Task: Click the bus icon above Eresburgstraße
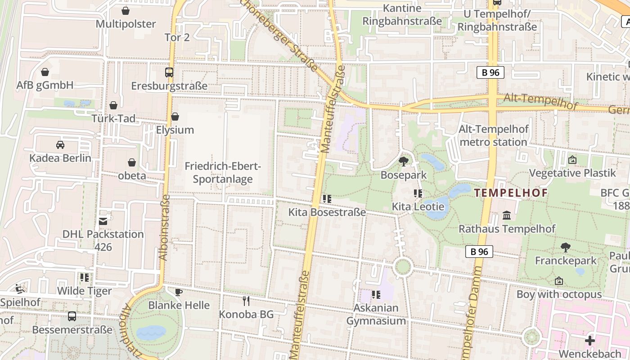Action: tap(169, 72)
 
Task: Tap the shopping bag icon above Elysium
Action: tap(175, 117)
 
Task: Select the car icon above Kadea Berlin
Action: tap(60, 144)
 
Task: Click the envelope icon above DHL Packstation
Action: tap(103, 220)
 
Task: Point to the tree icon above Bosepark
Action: tap(403, 161)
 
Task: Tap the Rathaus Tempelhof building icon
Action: tap(507, 215)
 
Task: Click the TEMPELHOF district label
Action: tap(511, 193)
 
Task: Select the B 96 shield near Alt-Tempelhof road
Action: tap(490, 72)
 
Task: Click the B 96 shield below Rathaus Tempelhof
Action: tap(479, 252)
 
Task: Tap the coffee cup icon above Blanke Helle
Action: tap(179, 292)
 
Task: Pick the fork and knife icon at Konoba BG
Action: tap(246, 301)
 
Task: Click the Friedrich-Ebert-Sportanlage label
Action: tap(223, 173)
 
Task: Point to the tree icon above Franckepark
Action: tap(565, 247)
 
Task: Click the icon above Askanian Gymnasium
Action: tap(376, 295)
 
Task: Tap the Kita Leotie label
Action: tap(418, 207)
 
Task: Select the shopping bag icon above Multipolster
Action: tap(126, 10)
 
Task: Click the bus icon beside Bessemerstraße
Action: tap(72, 316)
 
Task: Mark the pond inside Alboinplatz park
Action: tap(152, 333)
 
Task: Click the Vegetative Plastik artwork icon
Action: tap(572, 160)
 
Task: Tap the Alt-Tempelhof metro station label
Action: tap(493, 136)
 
